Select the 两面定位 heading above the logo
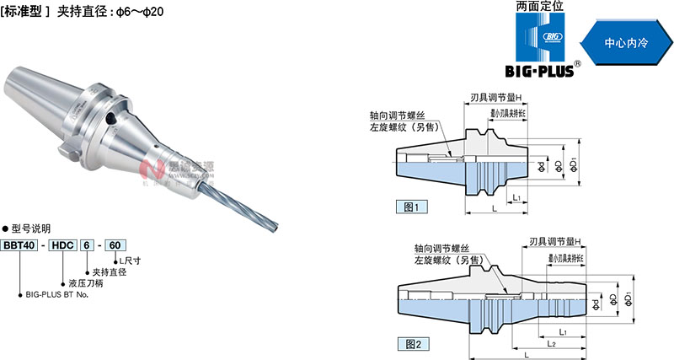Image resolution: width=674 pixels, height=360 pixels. coord(543,8)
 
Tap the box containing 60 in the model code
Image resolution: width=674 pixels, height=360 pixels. coord(115,245)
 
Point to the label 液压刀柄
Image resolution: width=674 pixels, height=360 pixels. coord(87,282)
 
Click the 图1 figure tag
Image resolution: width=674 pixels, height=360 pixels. coord(411,206)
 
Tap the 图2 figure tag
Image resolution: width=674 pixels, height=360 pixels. coord(411,343)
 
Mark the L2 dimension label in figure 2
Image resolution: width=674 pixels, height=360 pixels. coord(550,344)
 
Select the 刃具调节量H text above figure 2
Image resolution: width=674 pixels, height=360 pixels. coord(559,240)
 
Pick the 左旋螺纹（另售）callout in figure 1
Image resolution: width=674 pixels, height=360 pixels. coord(410,128)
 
